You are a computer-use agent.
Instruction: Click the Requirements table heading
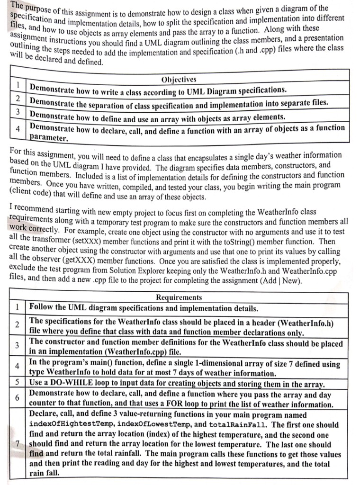[179, 297]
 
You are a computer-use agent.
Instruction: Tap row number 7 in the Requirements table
[17, 445]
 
